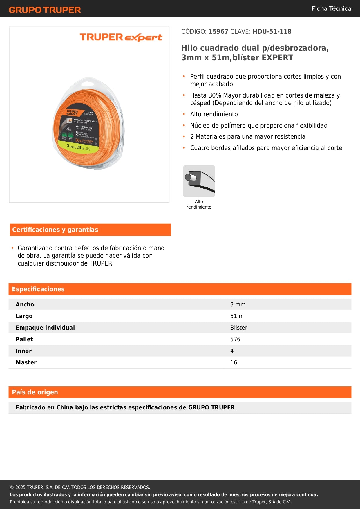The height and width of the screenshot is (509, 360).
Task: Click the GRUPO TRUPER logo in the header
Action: [45, 10]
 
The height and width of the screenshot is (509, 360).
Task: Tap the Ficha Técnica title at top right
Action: [331, 8]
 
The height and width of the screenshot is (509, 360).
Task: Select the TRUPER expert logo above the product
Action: [121, 37]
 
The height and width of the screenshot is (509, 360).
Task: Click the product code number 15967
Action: [218, 32]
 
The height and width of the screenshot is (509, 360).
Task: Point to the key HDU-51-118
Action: [272, 32]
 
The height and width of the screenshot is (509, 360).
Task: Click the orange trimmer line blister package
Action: [88, 124]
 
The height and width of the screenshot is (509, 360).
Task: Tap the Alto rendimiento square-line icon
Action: [199, 181]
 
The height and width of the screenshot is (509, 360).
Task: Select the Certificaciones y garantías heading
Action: [55, 230]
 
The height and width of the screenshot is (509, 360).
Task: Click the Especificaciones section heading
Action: [38, 289]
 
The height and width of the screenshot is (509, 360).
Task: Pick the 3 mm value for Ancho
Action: [238, 304]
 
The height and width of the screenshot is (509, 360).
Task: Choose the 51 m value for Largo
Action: [237, 316]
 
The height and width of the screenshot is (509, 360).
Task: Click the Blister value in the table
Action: [239, 328]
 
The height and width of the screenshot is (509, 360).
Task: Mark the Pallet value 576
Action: [235, 339]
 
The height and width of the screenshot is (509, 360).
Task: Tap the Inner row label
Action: [24, 351]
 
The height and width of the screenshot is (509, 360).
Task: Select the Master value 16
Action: [234, 362]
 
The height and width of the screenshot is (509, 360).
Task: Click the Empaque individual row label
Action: [45, 328]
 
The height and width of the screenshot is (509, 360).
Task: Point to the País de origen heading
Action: [35, 392]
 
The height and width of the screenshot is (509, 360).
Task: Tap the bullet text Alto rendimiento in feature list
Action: [214, 114]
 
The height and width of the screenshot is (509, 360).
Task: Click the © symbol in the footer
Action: [12, 488]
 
